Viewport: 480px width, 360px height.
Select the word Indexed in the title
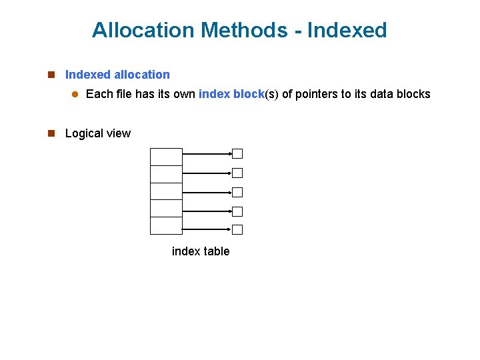[349, 30]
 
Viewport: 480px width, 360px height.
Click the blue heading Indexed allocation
[117, 75]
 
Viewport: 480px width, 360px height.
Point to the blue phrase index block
[231, 94]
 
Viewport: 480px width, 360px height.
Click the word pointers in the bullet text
[317, 94]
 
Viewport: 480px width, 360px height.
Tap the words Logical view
[98, 133]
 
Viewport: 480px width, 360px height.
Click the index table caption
[201, 251]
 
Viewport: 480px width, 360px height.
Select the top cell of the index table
[166, 157]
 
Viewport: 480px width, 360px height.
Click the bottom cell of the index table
[166, 226]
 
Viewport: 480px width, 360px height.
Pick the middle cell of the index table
[166, 191]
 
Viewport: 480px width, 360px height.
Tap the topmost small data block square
[237, 153]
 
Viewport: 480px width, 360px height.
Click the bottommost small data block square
[237, 230]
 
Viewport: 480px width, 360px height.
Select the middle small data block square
[237, 192]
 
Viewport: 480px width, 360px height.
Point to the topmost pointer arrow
[207, 153]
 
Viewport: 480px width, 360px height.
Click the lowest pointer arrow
[207, 230]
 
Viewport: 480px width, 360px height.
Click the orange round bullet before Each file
[75, 95]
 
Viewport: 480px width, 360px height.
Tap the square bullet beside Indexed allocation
[51, 75]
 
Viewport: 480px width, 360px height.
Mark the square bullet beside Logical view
[51, 133]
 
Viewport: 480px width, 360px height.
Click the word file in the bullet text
[124, 94]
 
